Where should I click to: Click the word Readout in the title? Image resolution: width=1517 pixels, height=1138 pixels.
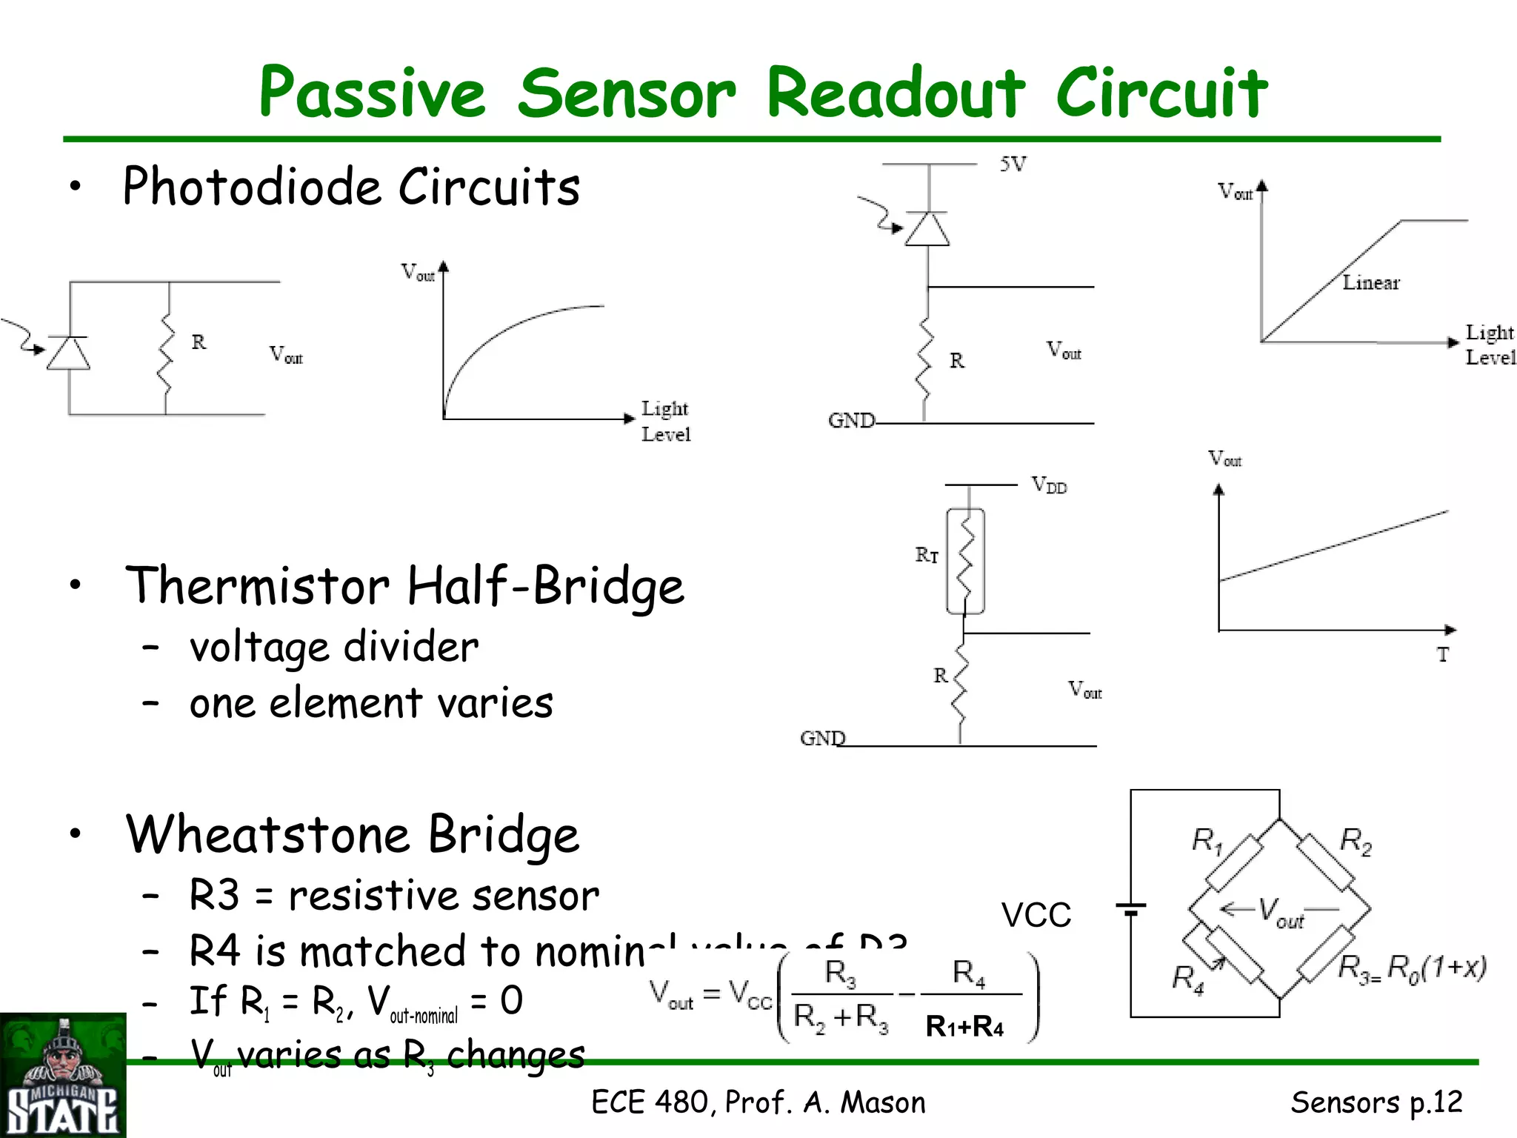[x=895, y=93]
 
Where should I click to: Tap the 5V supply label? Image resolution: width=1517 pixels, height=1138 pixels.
[x=1013, y=164]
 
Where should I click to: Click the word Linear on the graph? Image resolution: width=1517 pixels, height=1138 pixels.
[x=1370, y=283]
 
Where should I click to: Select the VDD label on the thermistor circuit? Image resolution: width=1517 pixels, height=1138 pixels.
[x=1049, y=486]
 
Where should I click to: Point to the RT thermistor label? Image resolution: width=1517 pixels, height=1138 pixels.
[x=927, y=555]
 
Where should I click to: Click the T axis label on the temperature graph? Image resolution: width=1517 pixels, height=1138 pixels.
[x=1442, y=655]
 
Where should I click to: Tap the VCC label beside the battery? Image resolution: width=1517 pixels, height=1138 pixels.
[x=1036, y=916]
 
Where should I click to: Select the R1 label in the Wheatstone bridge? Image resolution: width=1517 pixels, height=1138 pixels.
[x=1206, y=841]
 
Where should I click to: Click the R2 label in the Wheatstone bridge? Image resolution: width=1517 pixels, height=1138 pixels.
[x=1356, y=842]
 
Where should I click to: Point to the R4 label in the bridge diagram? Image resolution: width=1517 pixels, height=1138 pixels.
[x=1187, y=978]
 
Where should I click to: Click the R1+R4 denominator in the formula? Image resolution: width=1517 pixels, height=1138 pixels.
[x=964, y=1027]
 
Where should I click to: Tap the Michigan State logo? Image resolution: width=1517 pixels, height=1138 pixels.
[x=63, y=1076]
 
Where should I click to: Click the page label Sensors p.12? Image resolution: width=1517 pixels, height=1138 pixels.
[x=1376, y=1102]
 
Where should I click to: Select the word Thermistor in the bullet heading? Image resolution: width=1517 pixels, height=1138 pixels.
[x=258, y=585]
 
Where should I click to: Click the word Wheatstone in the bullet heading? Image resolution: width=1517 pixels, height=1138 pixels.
[x=267, y=835]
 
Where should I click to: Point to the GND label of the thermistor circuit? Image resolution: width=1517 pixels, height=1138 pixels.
[x=822, y=739]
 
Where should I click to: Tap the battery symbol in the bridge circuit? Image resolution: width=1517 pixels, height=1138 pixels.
[x=1130, y=908]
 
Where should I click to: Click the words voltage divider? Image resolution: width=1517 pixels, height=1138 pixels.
[x=334, y=648]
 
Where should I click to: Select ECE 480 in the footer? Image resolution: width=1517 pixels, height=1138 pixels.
[x=652, y=1102]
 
